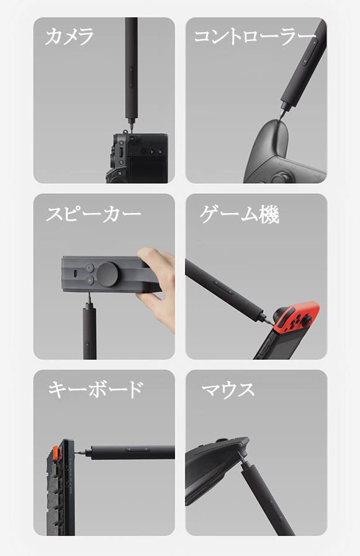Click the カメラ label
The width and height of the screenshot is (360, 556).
70,37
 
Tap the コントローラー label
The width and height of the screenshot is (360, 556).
254,37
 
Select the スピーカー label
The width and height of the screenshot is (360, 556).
94,214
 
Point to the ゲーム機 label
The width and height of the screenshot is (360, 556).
240,214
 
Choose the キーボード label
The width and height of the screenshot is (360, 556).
96,389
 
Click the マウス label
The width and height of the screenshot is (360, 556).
228,390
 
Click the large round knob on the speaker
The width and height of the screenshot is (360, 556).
107,274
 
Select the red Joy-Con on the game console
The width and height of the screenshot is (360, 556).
296,315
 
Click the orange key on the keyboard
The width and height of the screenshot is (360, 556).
56,452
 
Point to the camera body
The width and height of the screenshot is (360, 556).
137,158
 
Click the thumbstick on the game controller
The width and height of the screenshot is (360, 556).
279,176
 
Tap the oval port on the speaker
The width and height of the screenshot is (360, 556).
76,274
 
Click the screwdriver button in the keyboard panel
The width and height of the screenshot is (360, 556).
137,450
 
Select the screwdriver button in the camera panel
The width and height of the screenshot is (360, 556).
131,77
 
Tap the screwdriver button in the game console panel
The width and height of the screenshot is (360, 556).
223,287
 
